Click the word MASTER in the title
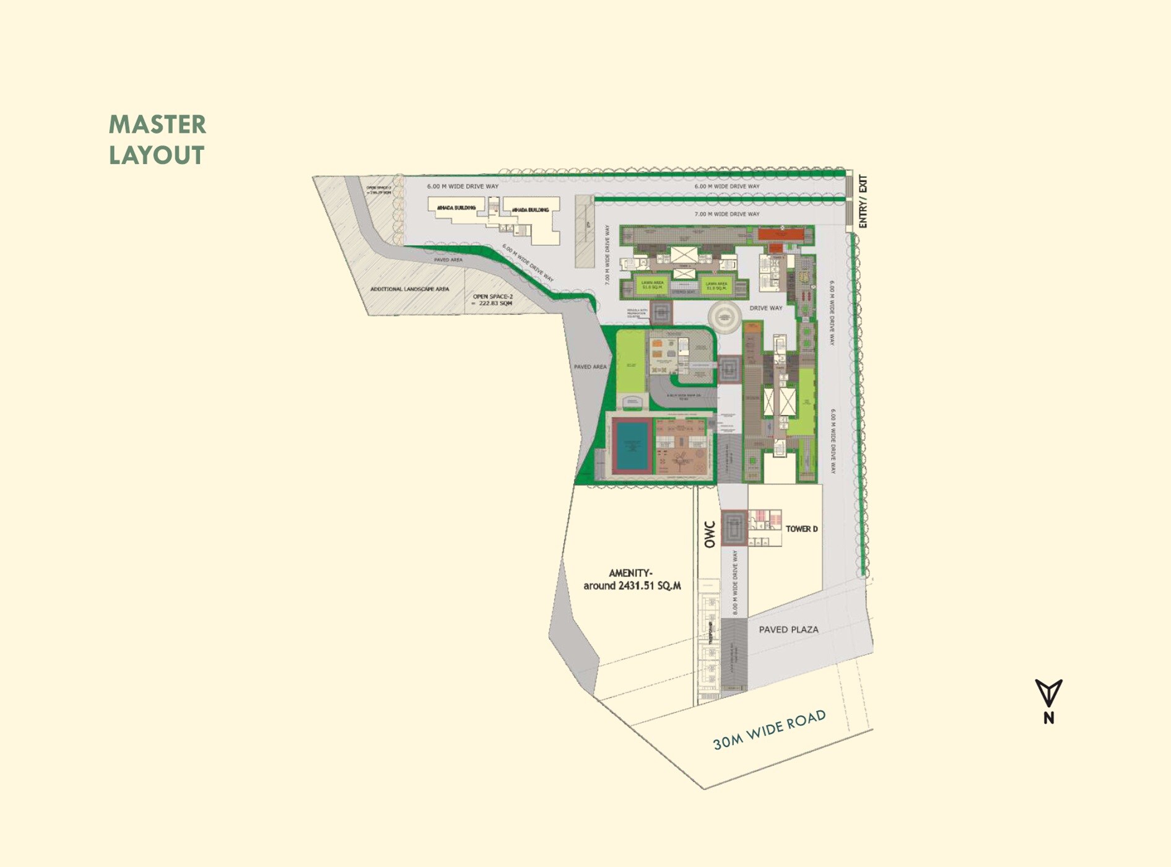[x=157, y=124]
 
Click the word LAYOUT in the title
[x=156, y=155]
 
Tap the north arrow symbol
[x=1048, y=693]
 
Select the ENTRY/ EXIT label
[x=863, y=202]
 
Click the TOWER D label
[x=801, y=529]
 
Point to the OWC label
[x=710, y=534]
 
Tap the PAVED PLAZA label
[x=788, y=630]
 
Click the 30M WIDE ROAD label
[x=769, y=730]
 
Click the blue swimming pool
[x=632, y=445]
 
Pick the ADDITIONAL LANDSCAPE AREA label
[x=409, y=289]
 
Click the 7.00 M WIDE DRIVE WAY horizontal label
[x=726, y=214]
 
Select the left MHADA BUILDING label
[x=456, y=207]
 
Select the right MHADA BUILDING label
[x=530, y=210]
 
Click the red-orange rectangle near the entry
[x=781, y=235]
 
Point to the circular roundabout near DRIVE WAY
[x=724, y=318]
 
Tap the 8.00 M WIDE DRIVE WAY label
[x=735, y=582]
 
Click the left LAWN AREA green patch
[x=652, y=285]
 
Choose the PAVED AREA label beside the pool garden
[x=590, y=367]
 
